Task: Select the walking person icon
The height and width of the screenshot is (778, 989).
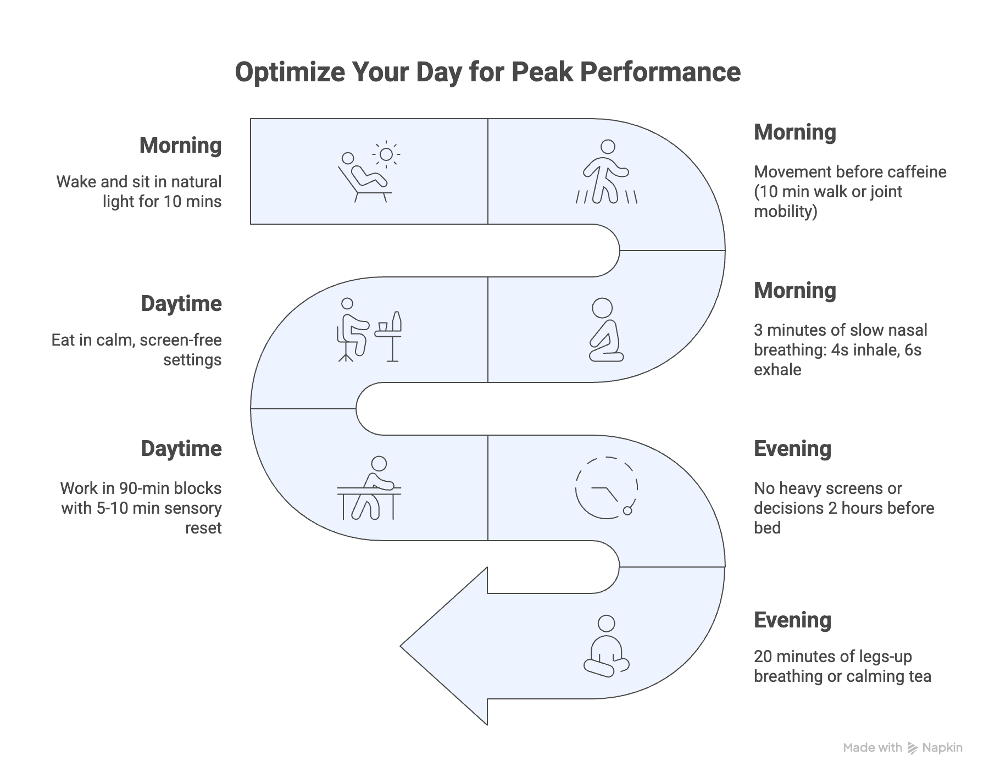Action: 606,171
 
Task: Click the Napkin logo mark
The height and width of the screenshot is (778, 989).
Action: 913,748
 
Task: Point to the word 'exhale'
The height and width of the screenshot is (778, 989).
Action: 777,370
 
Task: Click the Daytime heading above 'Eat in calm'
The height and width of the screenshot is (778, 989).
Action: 181,304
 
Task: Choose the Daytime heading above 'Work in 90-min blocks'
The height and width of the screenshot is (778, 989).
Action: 181,449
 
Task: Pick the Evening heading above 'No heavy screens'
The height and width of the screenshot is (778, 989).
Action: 792,449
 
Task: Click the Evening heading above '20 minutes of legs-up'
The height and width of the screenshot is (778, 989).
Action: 792,620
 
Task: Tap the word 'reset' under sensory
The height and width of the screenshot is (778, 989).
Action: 203,528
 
